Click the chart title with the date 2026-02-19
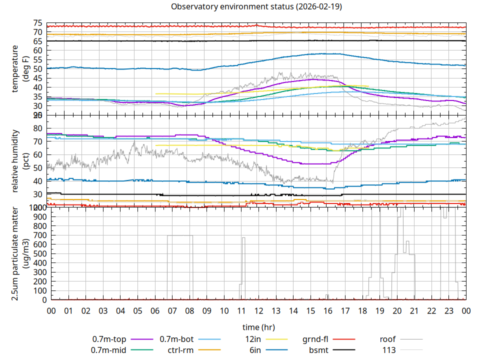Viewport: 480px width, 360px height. (x=256, y=6)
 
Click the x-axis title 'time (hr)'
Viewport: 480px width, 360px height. (x=258, y=327)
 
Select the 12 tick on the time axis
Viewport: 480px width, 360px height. (x=258, y=311)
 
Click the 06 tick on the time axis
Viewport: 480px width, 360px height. (x=155, y=311)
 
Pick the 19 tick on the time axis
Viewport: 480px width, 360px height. (x=379, y=311)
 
